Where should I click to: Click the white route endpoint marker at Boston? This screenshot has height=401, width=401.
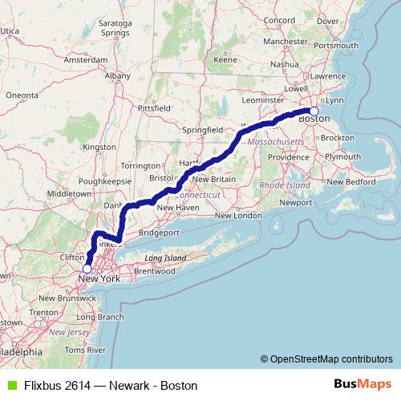[314, 111]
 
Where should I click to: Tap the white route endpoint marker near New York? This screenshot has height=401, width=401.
[87, 269]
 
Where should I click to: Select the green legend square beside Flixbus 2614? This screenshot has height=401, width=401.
[9, 385]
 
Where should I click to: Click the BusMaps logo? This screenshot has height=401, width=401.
[363, 384]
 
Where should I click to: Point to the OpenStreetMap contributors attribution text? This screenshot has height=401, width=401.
[330, 360]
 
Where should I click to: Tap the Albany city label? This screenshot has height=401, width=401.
[117, 75]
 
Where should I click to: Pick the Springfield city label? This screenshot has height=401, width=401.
[202, 128]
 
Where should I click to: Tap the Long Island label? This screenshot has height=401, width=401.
[165, 258]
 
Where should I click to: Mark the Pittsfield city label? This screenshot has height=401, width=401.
[154, 106]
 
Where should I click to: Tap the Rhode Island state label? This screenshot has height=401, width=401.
[280, 185]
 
